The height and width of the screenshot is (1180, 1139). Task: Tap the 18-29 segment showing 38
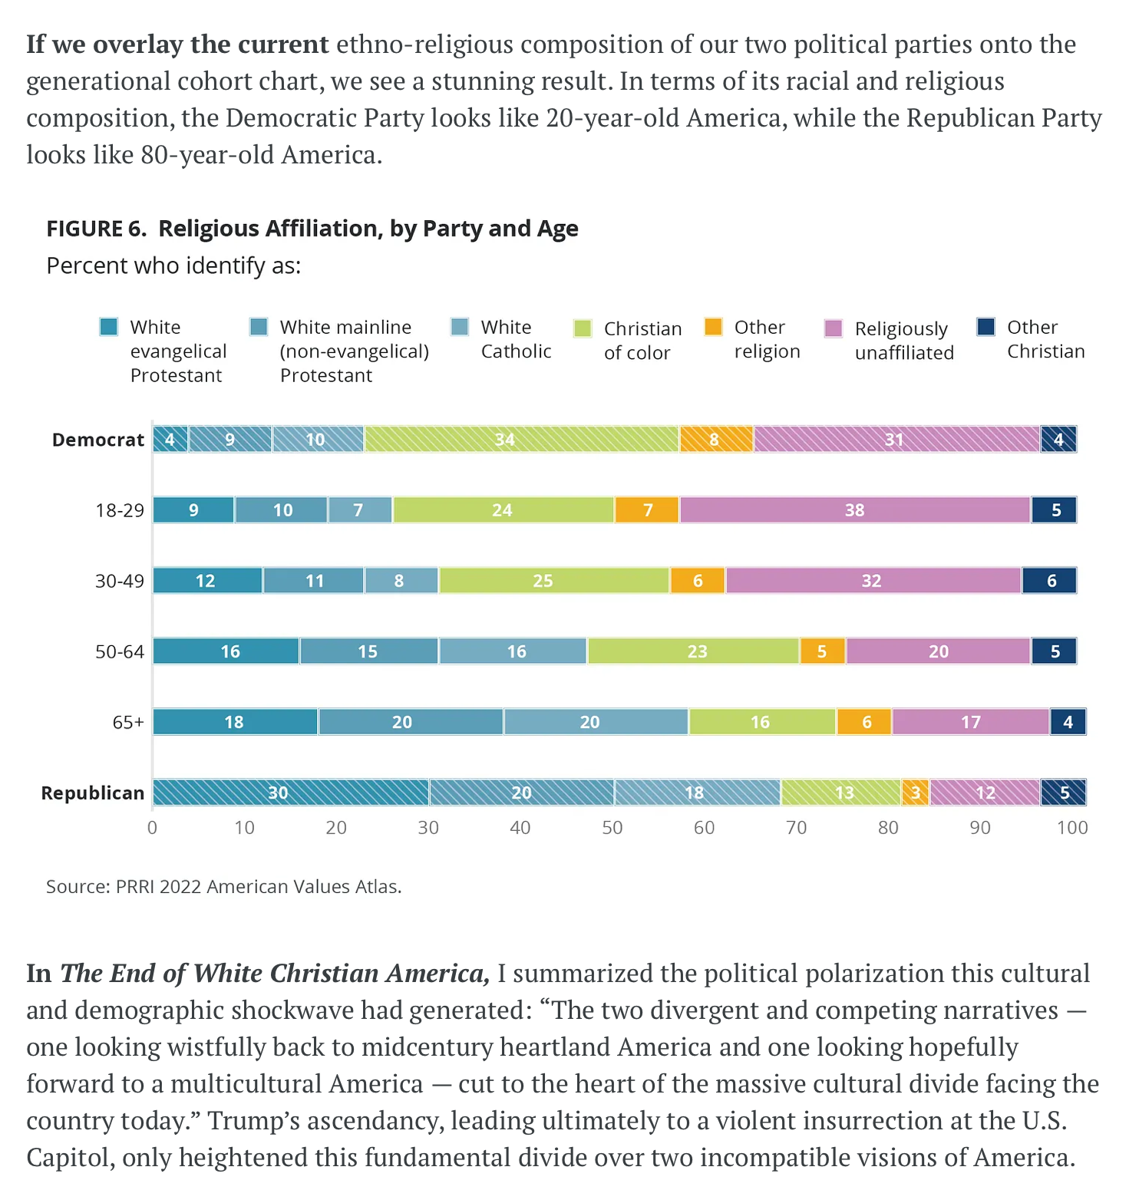pyautogui.click(x=854, y=510)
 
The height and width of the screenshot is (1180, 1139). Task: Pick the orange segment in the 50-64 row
pyautogui.click(x=822, y=651)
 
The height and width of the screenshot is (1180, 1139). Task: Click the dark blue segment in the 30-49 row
pyautogui.click(x=1049, y=581)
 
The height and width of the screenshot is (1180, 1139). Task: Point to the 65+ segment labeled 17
pyautogui.click(x=970, y=722)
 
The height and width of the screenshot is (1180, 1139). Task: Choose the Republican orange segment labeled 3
pyautogui.click(x=915, y=793)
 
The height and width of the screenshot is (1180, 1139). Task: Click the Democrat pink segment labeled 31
pyautogui.click(x=896, y=440)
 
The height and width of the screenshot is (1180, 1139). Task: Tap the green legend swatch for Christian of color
pyautogui.click(x=583, y=328)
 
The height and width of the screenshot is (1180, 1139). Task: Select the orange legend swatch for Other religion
pyautogui.click(x=714, y=327)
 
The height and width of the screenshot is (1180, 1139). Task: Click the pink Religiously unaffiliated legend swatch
pyautogui.click(x=834, y=328)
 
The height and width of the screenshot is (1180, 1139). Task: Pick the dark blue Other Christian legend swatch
pyautogui.click(x=986, y=327)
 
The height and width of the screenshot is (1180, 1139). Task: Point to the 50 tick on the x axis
pyautogui.click(x=612, y=828)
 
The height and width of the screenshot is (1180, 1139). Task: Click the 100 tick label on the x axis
pyautogui.click(x=1071, y=828)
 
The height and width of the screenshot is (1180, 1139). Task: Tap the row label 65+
pyautogui.click(x=128, y=722)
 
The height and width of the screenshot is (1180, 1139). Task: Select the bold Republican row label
pyautogui.click(x=93, y=793)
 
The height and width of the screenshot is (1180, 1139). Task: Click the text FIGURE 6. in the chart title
pyautogui.click(x=96, y=229)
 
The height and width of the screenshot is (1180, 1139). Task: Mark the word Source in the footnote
pyautogui.click(x=76, y=887)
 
